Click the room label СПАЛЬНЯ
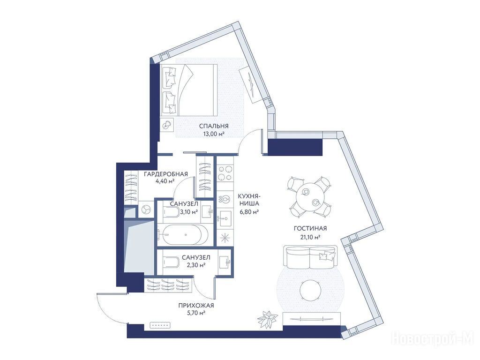[x=214, y=126]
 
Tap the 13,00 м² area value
[x=214, y=134]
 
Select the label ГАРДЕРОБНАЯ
[x=165, y=174]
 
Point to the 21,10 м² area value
[x=310, y=236]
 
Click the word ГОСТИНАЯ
[x=310, y=228]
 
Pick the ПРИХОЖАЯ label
[x=196, y=305]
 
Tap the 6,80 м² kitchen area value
[x=249, y=211]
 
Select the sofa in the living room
[x=310, y=256]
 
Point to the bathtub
[x=182, y=235]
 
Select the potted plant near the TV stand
[x=268, y=319]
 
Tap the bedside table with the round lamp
[x=167, y=125]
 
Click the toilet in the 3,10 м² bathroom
[x=172, y=211]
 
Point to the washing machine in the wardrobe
[x=146, y=210]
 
